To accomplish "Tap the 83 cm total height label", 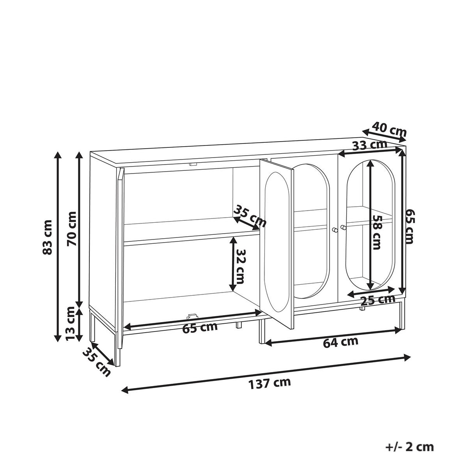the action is pos(47,237).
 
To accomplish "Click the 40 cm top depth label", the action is pos(389,129).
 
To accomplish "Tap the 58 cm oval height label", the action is pos(376,232).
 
